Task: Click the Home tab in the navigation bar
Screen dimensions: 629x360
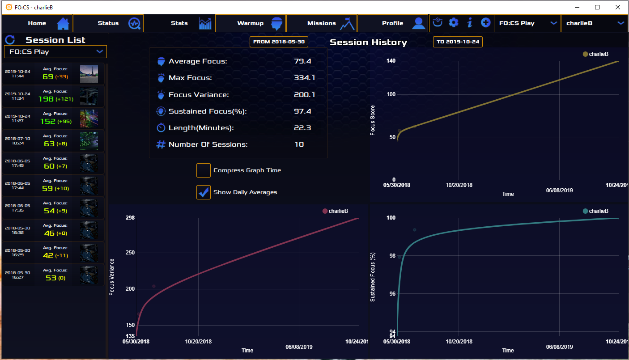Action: (37, 23)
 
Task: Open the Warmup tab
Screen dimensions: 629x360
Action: (251, 23)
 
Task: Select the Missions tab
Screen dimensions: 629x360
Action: (322, 23)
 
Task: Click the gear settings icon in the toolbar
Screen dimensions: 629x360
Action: (454, 23)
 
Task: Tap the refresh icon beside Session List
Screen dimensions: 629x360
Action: (10, 40)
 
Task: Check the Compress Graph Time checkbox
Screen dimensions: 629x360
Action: (203, 170)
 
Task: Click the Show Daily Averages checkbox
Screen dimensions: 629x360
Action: (203, 192)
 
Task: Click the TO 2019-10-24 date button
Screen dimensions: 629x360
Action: (458, 42)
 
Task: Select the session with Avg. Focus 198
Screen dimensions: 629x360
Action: (53, 96)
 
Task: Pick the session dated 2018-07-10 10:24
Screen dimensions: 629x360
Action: (53, 140)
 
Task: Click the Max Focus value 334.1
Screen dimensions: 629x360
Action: (304, 78)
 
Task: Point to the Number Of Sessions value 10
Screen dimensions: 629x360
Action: (299, 144)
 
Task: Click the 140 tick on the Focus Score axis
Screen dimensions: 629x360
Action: (391, 61)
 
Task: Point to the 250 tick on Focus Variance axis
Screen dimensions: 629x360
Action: (130, 253)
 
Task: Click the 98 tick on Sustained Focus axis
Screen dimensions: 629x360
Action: (392, 256)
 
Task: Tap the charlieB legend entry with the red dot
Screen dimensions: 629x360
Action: (335, 211)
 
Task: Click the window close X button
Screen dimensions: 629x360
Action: (618, 7)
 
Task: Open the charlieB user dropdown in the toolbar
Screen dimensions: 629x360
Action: (595, 23)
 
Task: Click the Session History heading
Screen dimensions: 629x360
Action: (369, 42)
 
